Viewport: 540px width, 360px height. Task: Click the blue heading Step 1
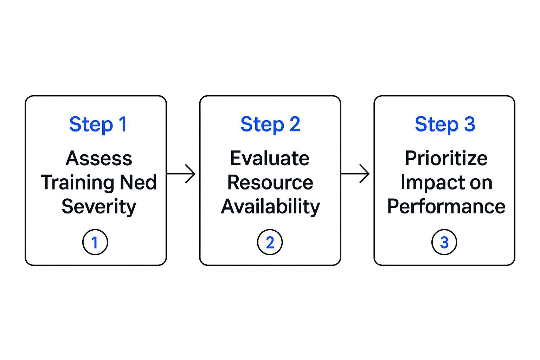98,124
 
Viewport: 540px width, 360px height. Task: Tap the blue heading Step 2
270,124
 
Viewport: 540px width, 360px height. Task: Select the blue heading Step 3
445,124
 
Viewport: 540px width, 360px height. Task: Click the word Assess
99,159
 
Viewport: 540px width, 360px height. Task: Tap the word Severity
99,207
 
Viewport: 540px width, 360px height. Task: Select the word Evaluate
270,159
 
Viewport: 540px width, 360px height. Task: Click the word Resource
270,182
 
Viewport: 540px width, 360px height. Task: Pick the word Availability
270,207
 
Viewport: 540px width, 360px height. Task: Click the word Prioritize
446,159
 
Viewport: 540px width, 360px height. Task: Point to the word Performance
446,206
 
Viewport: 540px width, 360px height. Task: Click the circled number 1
95,242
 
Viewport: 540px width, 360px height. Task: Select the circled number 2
270,242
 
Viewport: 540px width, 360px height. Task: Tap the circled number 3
444,242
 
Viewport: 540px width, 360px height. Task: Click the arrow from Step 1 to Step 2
181,174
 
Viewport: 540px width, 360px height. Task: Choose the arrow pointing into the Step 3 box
355,174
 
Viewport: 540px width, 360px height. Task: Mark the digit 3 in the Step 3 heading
469,124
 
